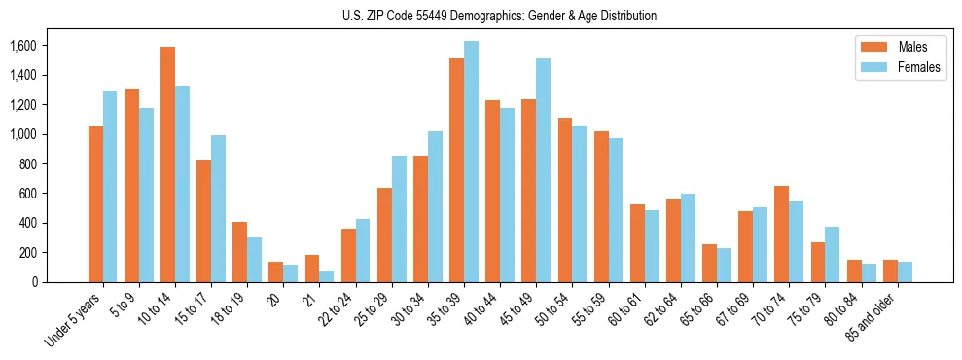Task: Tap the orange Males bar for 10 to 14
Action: pyautogui.click(x=167, y=164)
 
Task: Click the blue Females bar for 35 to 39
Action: pyautogui.click(x=471, y=162)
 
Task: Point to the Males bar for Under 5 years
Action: pyautogui.click(x=95, y=204)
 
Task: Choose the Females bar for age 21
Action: pyautogui.click(x=327, y=276)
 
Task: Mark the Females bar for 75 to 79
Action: pyautogui.click(x=832, y=254)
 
